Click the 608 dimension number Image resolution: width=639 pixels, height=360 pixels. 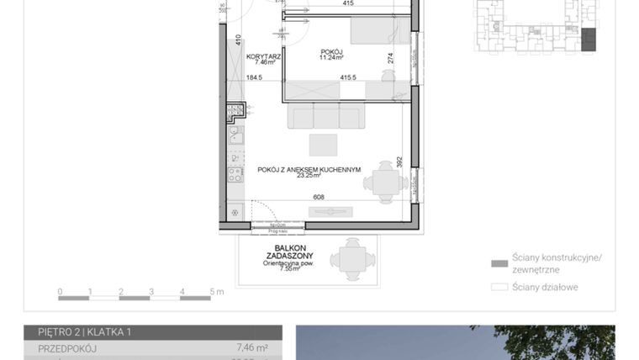click(319, 198)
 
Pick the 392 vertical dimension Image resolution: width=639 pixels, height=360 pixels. click(400, 160)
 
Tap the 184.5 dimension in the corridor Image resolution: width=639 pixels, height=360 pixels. click(254, 77)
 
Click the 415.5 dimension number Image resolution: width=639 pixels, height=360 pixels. click(348, 77)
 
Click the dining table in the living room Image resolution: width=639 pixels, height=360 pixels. click(386, 181)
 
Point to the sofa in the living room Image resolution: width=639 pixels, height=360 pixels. click(325, 115)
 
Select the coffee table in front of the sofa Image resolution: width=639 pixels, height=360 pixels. click(323, 145)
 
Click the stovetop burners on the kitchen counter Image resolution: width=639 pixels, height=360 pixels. click(235, 175)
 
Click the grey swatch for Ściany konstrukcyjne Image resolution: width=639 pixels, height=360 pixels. click(500, 263)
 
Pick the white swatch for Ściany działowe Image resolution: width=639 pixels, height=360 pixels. click(500, 287)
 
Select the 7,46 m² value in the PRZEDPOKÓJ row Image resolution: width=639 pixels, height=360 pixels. click(251, 347)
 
